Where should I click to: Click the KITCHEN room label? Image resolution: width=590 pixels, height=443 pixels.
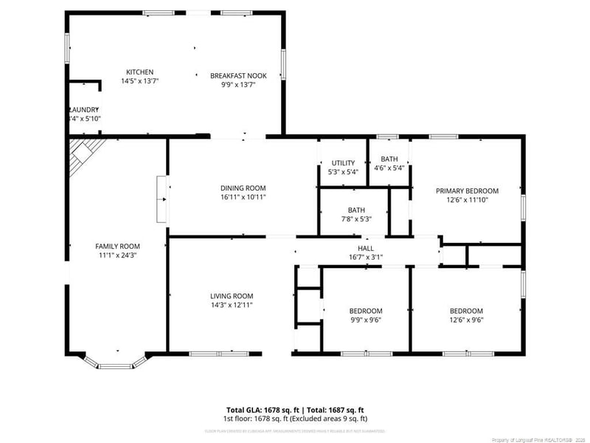pos(139,72)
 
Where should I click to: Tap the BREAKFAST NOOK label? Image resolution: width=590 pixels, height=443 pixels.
pos(238,75)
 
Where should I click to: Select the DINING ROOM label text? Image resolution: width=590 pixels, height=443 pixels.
pos(243,188)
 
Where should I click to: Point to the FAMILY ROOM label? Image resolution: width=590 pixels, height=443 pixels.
pos(117,246)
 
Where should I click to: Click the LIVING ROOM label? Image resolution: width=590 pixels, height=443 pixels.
pos(232,295)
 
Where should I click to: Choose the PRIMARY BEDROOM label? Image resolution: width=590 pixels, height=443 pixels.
pos(467,190)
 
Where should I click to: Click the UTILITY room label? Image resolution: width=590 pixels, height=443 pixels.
pos(343,162)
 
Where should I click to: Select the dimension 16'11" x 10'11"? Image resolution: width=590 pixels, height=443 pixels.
pos(243,197)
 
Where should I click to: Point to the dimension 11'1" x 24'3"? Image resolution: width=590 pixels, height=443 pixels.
pos(117,255)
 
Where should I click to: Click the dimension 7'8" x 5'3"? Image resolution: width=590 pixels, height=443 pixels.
pos(356,219)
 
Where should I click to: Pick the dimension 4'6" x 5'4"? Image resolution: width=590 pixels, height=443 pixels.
pos(389,168)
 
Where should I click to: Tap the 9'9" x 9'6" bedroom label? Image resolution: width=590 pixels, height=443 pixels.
pos(366,320)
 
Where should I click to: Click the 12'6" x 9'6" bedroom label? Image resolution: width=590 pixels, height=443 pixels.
pos(466,320)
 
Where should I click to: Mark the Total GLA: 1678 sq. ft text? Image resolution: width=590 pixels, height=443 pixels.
pos(263,409)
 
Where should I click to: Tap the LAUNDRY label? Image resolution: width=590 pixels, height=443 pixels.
pos(83,109)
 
